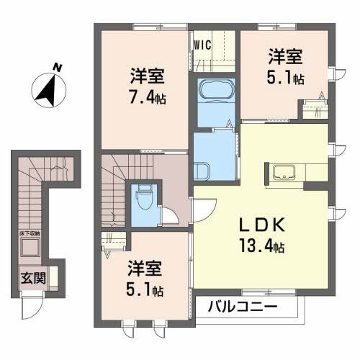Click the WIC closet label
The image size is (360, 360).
tap(202, 45)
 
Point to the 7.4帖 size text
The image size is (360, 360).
tap(148, 98)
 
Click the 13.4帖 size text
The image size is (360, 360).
tap(260, 246)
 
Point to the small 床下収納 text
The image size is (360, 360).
tap(30, 234)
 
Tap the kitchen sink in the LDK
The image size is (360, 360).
tap(285, 172)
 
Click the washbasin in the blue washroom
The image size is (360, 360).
tap(204, 171)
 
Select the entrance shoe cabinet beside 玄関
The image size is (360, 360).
tap(53, 277)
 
